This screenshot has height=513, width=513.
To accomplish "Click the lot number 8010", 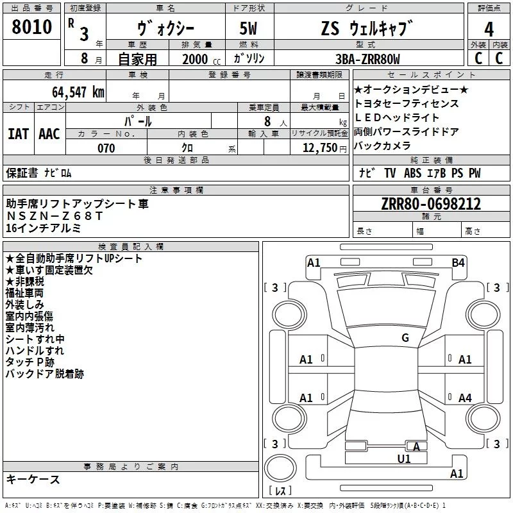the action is tap(32, 27).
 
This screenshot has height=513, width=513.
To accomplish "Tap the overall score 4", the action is tap(489, 29).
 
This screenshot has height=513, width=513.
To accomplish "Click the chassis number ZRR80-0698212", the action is tap(431, 205).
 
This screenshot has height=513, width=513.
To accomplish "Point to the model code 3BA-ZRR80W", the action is tap(367, 59).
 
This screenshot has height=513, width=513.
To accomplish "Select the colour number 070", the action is tap(106, 148).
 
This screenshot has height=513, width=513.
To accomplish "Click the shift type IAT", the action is tap(18, 133).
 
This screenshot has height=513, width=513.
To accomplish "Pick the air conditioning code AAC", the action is tap(49, 133).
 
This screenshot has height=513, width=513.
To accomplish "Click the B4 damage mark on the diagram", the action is tap(458, 262).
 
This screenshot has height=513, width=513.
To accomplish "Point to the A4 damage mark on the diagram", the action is tap(465, 398).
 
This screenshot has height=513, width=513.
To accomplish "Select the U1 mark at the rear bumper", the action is tap(404, 458).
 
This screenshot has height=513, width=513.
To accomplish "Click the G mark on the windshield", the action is tap(405, 338).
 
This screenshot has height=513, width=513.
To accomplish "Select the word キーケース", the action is tap(33, 480).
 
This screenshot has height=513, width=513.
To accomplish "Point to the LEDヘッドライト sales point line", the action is tap(398, 118).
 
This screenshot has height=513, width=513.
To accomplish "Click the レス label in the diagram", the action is tap(280, 491).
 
